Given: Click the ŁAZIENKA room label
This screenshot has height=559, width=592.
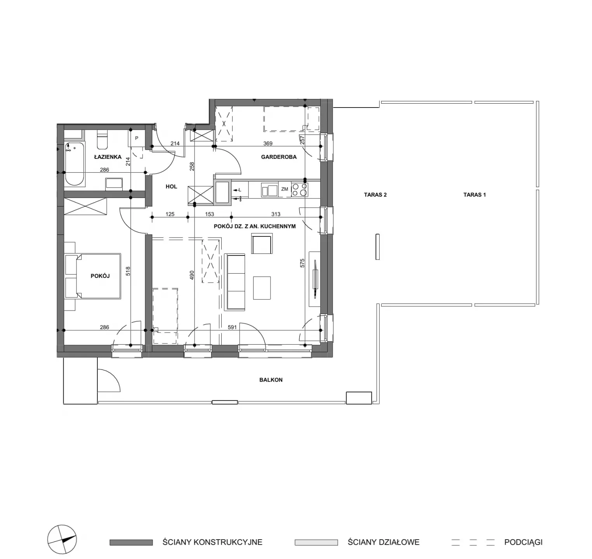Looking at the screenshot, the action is pyautogui.click(x=108, y=157).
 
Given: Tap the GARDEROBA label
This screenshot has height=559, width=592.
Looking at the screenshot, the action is pyautogui.click(x=279, y=157).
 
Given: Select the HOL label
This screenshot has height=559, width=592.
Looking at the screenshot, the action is pyautogui.click(x=171, y=187).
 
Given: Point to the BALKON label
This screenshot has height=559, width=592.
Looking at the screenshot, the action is pyautogui.click(x=271, y=380).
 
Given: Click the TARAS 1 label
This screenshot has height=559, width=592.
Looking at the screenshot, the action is pyautogui.click(x=474, y=195).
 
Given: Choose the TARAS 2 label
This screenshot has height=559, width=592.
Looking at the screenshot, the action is pyautogui.click(x=375, y=195).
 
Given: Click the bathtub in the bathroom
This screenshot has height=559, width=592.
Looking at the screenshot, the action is pyautogui.click(x=75, y=165).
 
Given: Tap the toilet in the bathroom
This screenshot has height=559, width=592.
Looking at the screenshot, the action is pyautogui.click(x=102, y=140).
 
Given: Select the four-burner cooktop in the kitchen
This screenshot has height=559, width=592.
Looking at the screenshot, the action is pyautogui.click(x=300, y=189).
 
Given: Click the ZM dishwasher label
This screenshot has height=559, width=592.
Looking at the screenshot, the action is pyautogui.click(x=285, y=189).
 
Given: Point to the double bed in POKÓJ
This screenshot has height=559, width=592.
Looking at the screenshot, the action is pyautogui.click(x=93, y=276).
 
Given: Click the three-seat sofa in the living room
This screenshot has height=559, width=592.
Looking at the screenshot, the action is pyautogui.click(x=235, y=282).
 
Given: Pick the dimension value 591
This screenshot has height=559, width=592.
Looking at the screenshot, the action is pyautogui.click(x=232, y=327).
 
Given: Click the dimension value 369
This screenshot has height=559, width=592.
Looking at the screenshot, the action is pyautogui.click(x=268, y=144).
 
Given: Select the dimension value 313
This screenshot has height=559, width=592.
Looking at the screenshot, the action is pyautogui.click(x=276, y=214).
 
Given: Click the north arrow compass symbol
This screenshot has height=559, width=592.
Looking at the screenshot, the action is pyautogui.click(x=62, y=540).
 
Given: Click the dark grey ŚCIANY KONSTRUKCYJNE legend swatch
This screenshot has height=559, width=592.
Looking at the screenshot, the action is pyautogui.click(x=131, y=542).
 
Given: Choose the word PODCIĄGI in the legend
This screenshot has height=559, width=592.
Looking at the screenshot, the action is pyautogui.click(x=523, y=542).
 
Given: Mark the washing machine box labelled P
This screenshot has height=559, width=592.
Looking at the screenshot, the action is pyautogui.click(x=137, y=139).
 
